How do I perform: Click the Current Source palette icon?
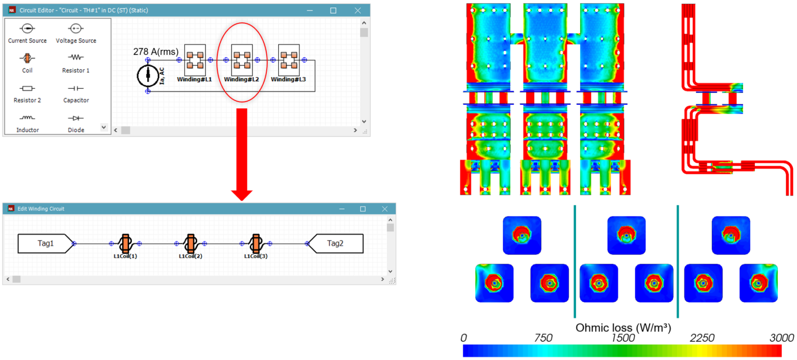(28, 29)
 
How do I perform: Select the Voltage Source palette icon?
(76, 29)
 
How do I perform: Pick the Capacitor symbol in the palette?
(76, 89)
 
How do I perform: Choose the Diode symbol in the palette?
(76, 118)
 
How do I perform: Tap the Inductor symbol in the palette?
(28, 118)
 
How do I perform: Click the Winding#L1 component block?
(195, 60)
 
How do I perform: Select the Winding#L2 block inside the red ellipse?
(242, 60)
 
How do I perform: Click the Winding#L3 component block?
(289, 60)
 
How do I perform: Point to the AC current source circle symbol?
(148, 76)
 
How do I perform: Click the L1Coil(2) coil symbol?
(190, 243)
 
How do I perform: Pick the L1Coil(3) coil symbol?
(256, 243)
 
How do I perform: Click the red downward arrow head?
(242, 195)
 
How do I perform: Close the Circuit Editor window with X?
(358, 10)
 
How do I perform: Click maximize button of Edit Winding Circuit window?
(363, 209)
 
